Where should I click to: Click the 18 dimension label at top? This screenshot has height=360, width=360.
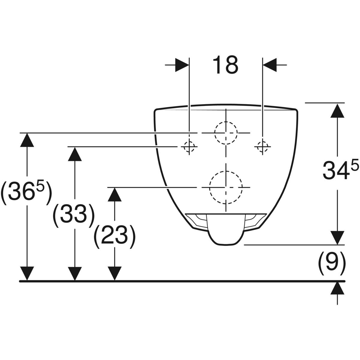tap(226, 64)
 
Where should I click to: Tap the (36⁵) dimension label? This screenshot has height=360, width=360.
tap(26, 192)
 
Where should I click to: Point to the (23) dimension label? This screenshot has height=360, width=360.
tap(114, 236)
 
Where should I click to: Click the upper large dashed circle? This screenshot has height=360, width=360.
tap(226, 133)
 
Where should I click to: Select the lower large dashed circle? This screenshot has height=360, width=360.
tap(226, 187)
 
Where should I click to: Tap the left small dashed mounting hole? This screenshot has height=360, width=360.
tap(189, 147)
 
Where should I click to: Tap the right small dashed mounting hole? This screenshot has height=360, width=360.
tap(262, 147)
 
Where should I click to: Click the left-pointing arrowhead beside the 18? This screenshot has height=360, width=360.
tap(270, 65)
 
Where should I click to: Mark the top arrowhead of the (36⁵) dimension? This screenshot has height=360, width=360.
tap(27, 140)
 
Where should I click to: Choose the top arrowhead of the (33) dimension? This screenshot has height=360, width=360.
tap(75, 154)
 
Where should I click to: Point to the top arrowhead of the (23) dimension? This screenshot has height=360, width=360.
tap(115, 194)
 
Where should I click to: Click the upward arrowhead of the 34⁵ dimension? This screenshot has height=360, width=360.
tap(337, 110)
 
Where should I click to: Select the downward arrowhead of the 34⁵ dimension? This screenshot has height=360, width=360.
tap(337, 238)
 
